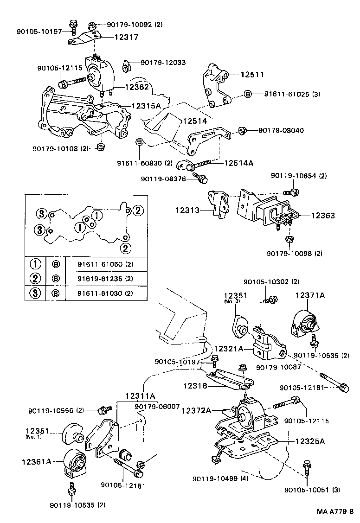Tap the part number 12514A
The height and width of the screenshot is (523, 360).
238,163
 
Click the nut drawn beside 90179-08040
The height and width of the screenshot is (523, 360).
241,130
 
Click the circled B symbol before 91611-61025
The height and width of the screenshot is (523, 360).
248,94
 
